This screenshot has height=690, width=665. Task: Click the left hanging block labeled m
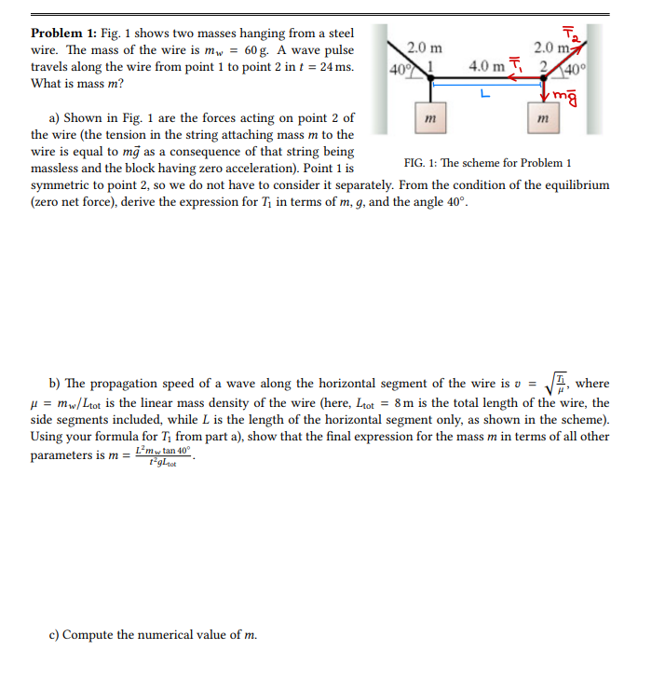point(429,118)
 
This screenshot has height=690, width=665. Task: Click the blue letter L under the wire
point(482,92)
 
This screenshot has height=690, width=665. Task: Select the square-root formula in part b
point(557,383)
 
